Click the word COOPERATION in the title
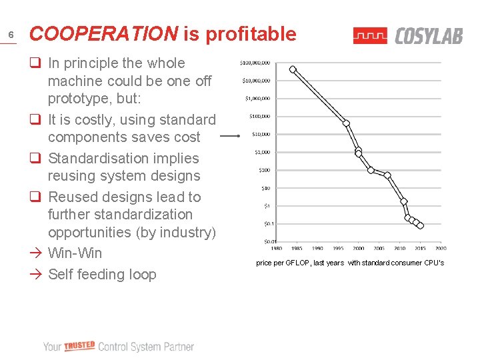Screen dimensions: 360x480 pyautogui.click(x=104, y=34)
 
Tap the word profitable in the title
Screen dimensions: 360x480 pyautogui.click(x=251, y=34)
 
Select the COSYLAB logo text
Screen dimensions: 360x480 pyautogui.click(x=429, y=36)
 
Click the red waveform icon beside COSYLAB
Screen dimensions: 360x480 pyautogui.click(x=370, y=36)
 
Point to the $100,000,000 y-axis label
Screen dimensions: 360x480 pyautogui.click(x=255, y=63)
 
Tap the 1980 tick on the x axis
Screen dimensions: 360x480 pyautogui.click(x=276, y=249)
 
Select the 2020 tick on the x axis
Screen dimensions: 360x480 pyautogui.click(x=441, y=249)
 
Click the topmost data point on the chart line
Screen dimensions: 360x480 pyautogui.click(x=293, y=69)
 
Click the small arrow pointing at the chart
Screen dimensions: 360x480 pyautogui.click(x=230, y=136)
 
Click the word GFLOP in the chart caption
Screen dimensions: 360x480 pyautogui.click(x=298, y=263)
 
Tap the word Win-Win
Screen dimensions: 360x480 pyautogui.click(x=75, y=253)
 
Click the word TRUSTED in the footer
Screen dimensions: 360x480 pyautogui.click(x=80, y=346)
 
